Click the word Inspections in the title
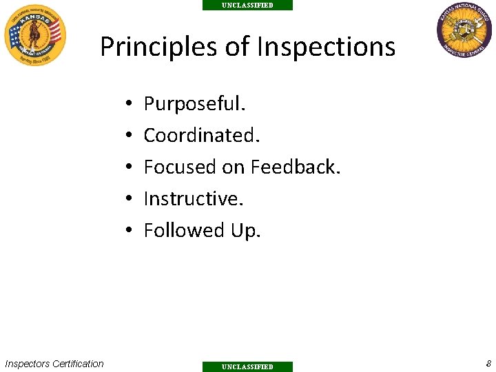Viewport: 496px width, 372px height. pos(326,47)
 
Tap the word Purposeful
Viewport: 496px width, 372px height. pos(194,105)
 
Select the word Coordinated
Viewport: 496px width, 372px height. pos(202,136)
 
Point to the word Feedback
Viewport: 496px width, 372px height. pos(296,167)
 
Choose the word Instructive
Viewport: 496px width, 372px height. pos(194,199)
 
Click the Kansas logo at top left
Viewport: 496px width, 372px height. pos(35,34)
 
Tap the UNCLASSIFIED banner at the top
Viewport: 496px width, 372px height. pos(247,5)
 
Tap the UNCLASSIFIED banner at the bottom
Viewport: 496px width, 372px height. pos(247,366)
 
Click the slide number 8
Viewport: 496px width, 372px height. pos(488,363)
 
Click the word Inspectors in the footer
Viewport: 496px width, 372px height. pos(27,364)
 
